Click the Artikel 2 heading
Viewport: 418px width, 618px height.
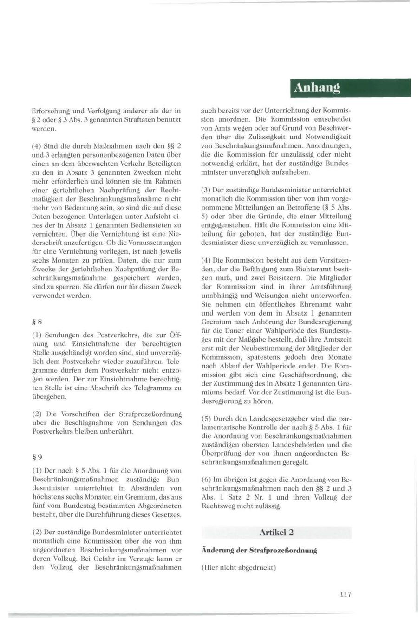click(276, 532)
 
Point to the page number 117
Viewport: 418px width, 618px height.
click(345, 594)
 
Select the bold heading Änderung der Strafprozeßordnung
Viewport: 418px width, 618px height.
click(259, 550)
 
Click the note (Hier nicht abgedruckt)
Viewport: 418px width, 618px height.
click(239, 568)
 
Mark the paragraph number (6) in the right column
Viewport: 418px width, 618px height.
click(207, 479)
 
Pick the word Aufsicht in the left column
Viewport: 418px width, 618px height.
click(149, 216)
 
